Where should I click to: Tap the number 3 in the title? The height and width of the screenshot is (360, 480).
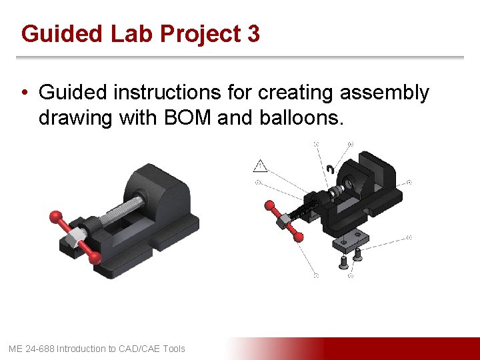point(253,33)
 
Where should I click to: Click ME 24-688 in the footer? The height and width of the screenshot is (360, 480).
point(31,349)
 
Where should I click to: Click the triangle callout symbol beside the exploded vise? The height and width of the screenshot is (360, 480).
point(260,165)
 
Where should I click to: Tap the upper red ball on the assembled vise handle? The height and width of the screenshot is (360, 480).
point(55,216)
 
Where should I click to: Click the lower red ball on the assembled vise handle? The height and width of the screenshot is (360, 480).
point(96,256)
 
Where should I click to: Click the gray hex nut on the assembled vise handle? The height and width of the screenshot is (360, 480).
point(77,233)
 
